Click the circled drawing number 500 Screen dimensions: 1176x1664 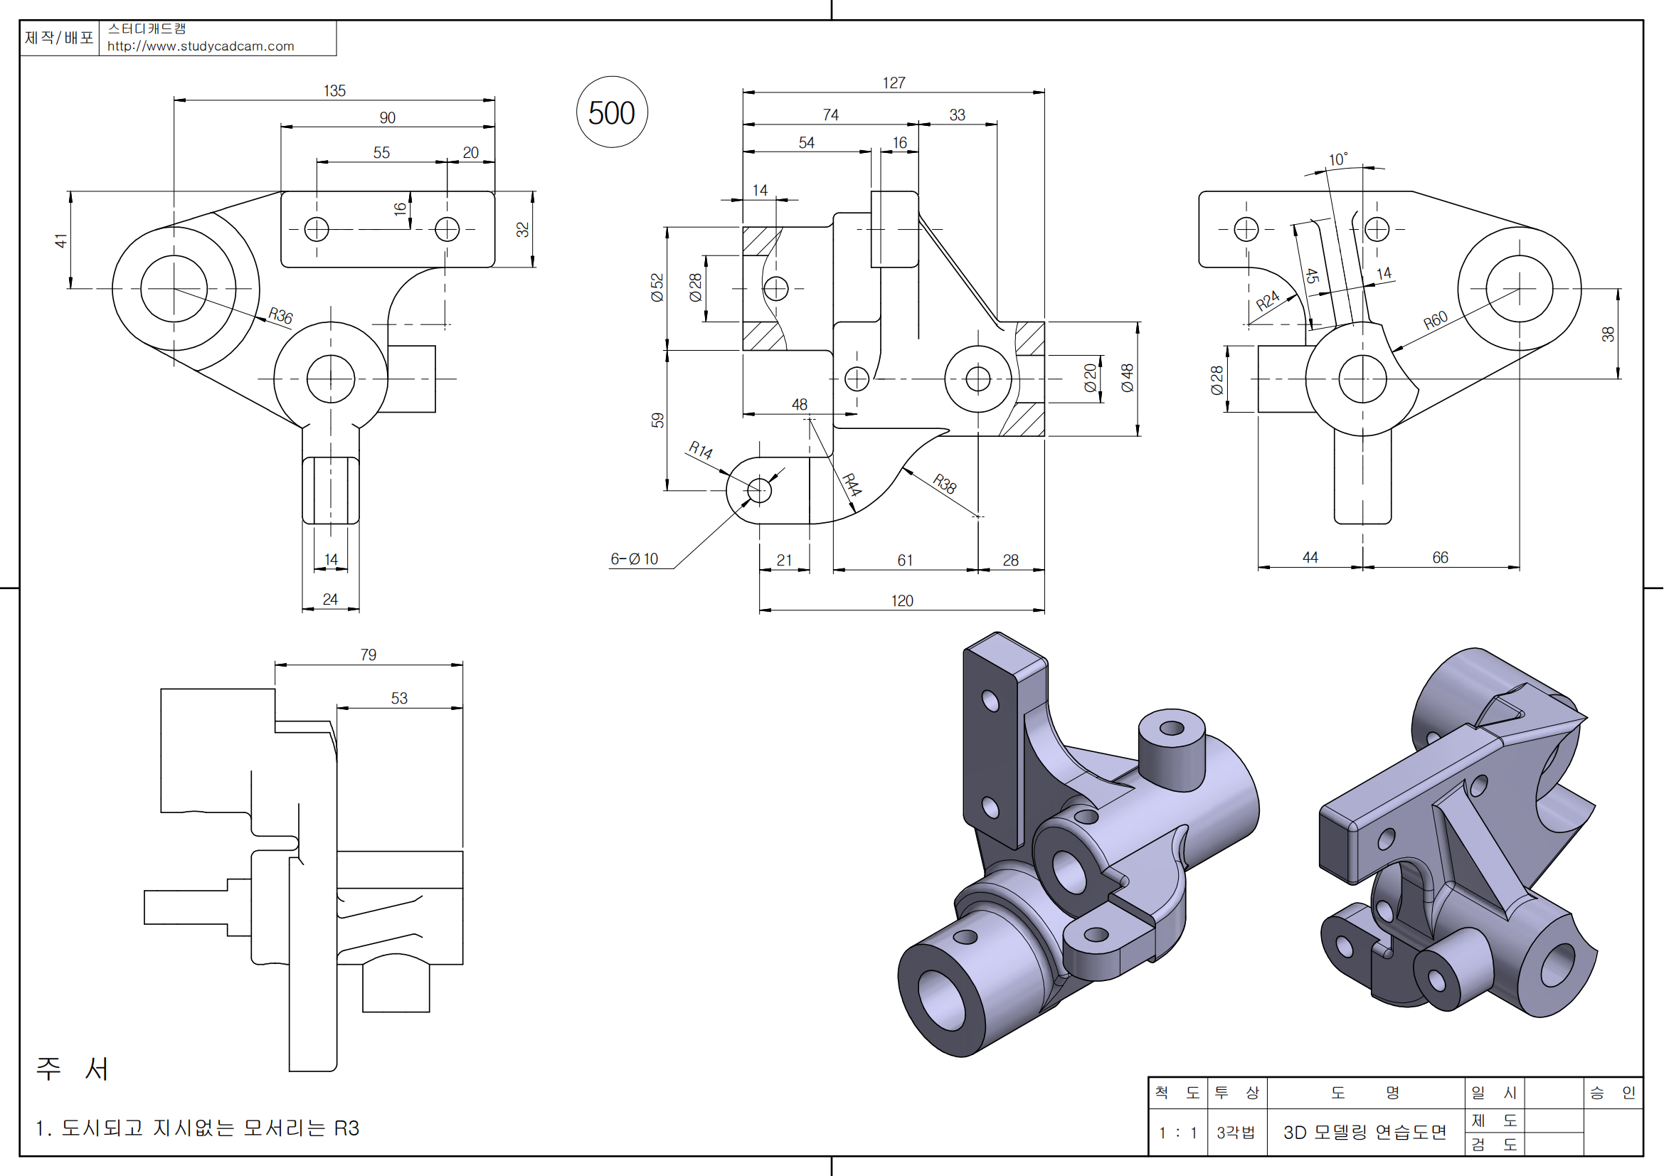pos(611,112)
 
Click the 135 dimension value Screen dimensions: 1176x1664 pos(334,90)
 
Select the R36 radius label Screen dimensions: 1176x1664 pos(280,315)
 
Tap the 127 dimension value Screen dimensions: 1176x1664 pos(894,83)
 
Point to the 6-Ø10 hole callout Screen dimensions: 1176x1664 pos(634,558)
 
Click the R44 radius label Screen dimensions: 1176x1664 pos(852,484)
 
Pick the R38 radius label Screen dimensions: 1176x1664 pos(944,482)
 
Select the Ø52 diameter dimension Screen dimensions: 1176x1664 pos(657,287)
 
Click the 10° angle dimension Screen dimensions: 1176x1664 pos(1338,159)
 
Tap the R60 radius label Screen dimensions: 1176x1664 pos(1435,319)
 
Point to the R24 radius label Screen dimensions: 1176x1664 pos(1268,301)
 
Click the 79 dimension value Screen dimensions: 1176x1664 pos(369,655)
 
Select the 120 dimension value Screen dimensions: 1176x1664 pos(901,600)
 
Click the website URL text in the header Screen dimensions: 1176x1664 pos(201,46)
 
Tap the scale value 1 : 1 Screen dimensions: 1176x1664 pos(1177,1133)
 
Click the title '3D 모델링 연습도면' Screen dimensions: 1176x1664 pos(1364,1132)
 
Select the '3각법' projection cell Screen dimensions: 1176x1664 pos(1236,1133)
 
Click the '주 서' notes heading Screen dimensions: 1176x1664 pos(73,1069)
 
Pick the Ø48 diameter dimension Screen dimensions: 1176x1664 pos(1127,378)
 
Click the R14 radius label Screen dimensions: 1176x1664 pos(700,450)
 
